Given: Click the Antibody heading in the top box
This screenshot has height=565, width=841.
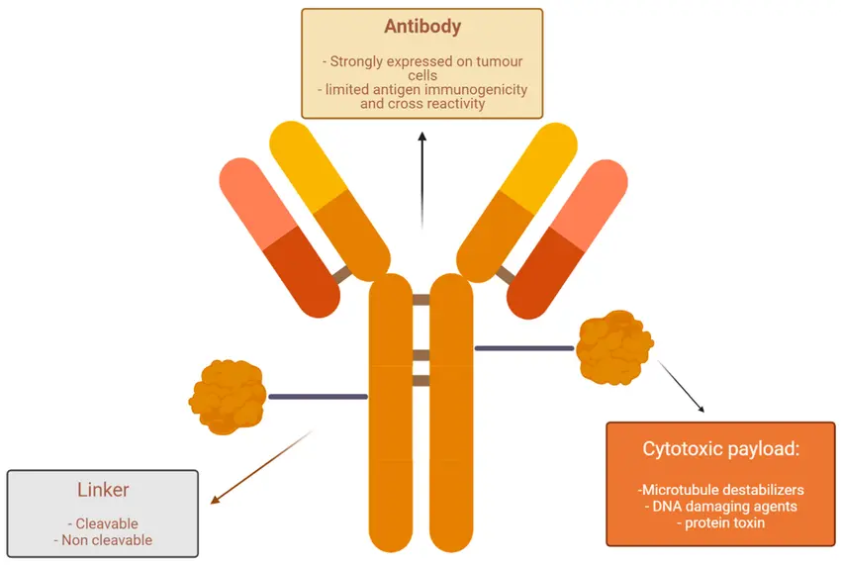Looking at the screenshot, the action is point(422,27).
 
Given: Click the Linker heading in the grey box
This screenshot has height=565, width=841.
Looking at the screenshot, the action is point(103,490).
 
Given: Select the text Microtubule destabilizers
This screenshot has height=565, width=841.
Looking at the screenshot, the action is point(723,490).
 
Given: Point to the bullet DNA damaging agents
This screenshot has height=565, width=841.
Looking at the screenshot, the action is point(724,506).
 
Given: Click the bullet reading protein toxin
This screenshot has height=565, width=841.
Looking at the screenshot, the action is point(724,522).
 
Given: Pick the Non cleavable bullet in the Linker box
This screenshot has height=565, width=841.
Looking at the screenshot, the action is point(107,540).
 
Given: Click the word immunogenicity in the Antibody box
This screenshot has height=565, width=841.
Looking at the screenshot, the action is point(479,90).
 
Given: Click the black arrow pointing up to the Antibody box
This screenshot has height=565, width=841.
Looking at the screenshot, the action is point(422,180).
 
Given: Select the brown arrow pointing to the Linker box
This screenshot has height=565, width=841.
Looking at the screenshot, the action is point(261,467).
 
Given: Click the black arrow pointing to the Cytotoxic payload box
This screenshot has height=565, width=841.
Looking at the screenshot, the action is point(681,386).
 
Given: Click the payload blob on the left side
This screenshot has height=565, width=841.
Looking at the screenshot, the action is point(228,397).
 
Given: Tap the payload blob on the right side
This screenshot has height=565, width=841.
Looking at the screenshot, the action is point(614,347).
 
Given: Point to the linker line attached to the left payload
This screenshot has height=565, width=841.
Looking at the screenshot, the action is point(318,397).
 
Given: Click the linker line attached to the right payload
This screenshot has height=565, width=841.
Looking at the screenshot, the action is point(524,348).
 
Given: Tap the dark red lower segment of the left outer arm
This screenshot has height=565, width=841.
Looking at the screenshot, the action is point(302,272).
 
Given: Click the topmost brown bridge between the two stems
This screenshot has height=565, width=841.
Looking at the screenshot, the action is point(421,300).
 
